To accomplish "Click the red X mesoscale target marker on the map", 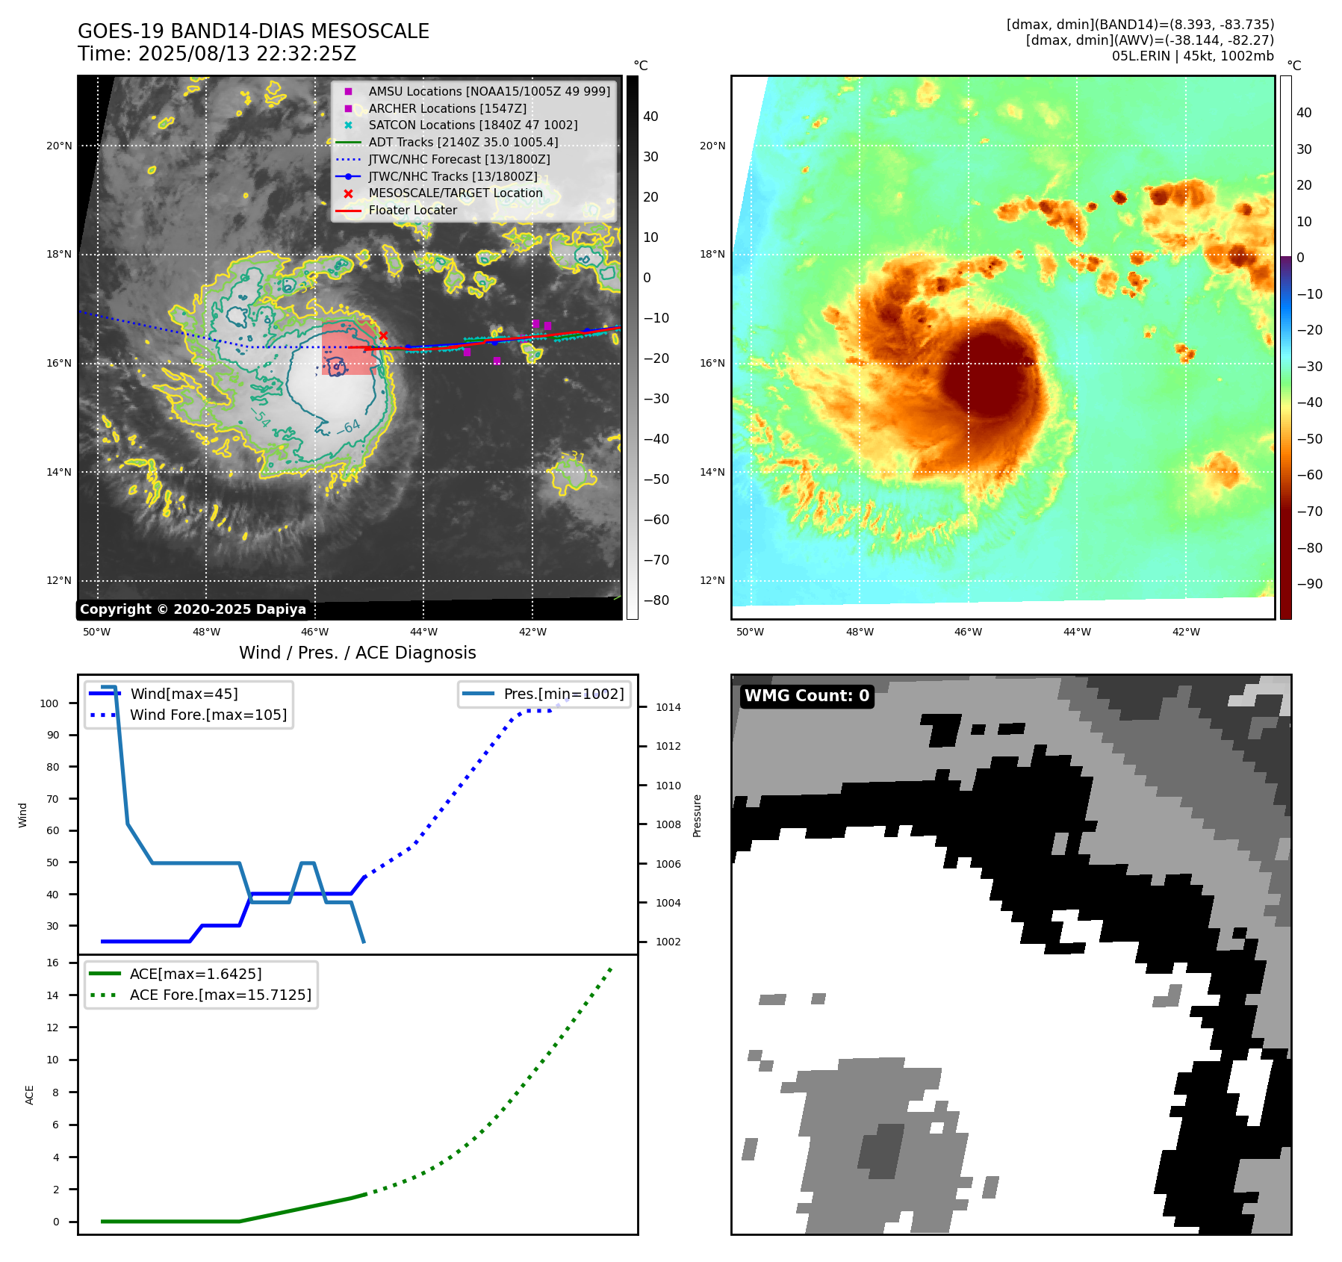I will pyautogui.click(x=383, y=336).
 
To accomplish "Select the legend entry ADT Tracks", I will pyautogui.click(x=463, y=142).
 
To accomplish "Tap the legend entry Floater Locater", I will pyautogui.click(x=412, y=210).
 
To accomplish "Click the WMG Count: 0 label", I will pyautogui.click(x=807, y=696).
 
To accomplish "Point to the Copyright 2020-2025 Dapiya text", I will pyautogui.click(x=193, y=609).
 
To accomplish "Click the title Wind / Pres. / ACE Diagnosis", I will pyautogui.click(x=357, y=653).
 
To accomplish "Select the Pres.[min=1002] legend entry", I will pyautogui.click(x=563, y=694).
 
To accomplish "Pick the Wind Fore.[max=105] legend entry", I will pyautogui.click(x=208, y=715).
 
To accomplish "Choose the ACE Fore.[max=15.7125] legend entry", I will pyautogui.click(x=220, y=995).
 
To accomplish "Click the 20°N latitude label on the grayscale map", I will pyautogui.click(x=59, y=146).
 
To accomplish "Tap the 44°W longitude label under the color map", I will pyautogui.click(x=1077, y=632).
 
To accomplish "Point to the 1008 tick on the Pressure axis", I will pyautogui.click(x=668, y=824).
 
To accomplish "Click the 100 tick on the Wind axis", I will pyautogui.click(x=49, y=703).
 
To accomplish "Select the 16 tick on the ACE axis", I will pyautogui.click(x=53, y=963).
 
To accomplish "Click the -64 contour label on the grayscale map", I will pyautogui.click(x=349, y=427).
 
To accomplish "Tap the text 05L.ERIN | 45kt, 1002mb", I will pyautogui.click(x=1193, y=56).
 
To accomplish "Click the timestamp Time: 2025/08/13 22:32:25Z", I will pyautogui.click(x=217, y=54).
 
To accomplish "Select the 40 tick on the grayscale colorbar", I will pyautogui.click(x=650, y=116).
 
